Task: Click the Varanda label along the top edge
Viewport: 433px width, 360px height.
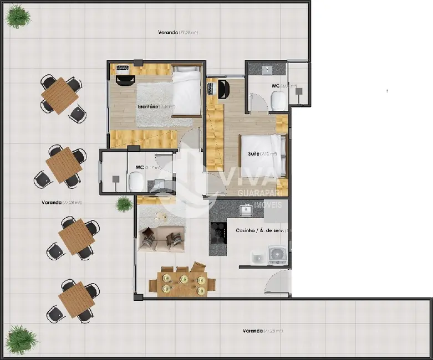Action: (x=167, y=33)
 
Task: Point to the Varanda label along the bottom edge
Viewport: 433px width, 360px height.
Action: (x=253, y=331)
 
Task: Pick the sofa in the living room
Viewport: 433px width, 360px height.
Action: (x=162, y=239)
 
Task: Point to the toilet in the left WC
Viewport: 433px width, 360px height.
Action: (x=136, y=181)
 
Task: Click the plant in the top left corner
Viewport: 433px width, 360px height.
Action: (x=18, y=17)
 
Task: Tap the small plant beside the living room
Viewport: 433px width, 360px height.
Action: (x=124, y=204)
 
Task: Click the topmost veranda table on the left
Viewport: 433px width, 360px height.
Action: (x=59, y=96)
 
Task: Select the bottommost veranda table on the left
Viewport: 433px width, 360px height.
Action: (x=75, y=300)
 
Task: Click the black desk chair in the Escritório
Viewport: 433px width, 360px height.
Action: (x=124, y=80)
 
